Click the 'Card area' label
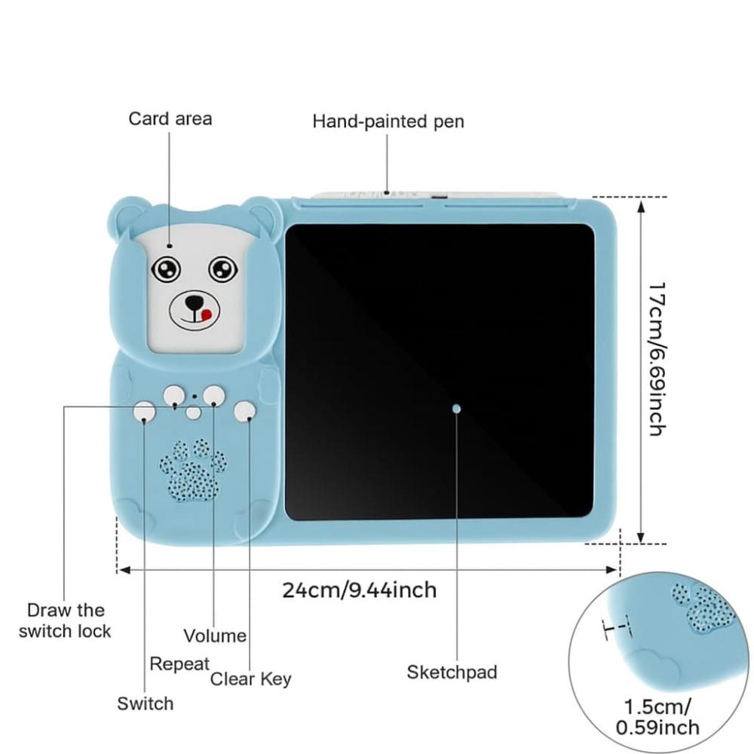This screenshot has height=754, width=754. [x=170, y=118]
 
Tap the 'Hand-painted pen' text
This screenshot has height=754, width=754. [x=388, y=121]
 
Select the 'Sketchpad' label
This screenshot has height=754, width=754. [x=452, y=672]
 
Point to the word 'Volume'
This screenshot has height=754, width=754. [x=215, y=636]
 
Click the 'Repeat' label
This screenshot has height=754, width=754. [x=179, y=664]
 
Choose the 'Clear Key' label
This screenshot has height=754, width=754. [x=250, y=679]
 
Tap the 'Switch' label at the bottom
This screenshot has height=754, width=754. [x=145, y=703]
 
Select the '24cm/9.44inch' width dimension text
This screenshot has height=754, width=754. [x=360, y=590]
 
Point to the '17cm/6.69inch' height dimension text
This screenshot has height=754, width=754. [x=656, y=359]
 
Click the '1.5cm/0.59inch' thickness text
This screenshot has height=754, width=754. [x=657, y=717]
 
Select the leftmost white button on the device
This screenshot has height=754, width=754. [x=144, y=411]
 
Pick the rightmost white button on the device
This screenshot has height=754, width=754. [x=244, y=411]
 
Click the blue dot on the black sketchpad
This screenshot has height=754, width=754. [x=456, y=408]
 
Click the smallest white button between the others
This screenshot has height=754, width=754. [x=194, y=412]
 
